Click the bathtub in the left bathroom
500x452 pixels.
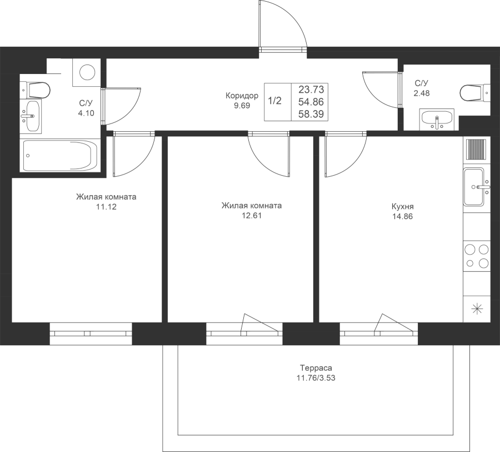pyautogui.click(x=60, y=156)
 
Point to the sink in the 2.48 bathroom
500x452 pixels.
pyautogui.click(x=437, y=120)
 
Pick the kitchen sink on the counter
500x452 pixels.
pyautogui.click(x=474, y=187)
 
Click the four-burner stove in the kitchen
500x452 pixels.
pyautogui.click(x=477, y=256)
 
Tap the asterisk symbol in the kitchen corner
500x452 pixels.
pyautogui.click(x=477, y=309)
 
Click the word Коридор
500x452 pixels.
pyautogui.click(x=242, y=96)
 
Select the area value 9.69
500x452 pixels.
pyautogui.click(x=242, y=106)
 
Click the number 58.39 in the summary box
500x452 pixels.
pyautogui.click(x=311, y=114)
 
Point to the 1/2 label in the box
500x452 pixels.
pyautogui.click(x=274, y=101)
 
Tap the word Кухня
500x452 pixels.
pyautogui.click(x=402, y=206)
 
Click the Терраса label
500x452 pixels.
pyautogui.click(x=316, y=368)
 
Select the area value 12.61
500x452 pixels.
pyautogui.click(x=252, y=216)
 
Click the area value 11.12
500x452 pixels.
pyautogui.click(x=106, y=207)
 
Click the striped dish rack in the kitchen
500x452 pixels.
pyautogui.click(x=477, y=149)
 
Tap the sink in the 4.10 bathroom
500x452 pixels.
pyautogui.click(x=31, y=116)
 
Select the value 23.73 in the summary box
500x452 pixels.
pyautogui.click(x=311, y=89)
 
